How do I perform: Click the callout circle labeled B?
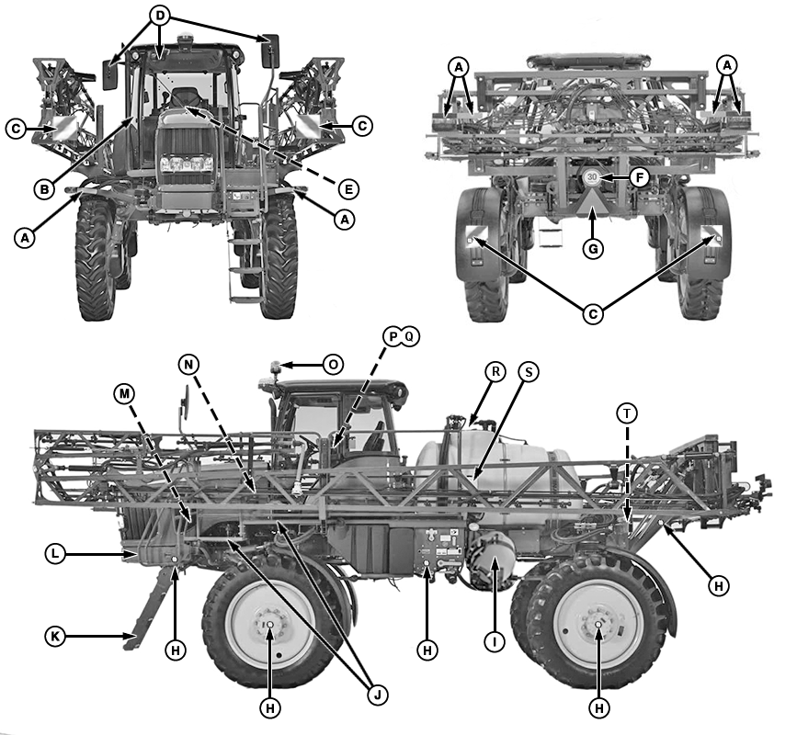pyautogui.click(x=43, y=188)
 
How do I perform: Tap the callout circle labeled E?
pyautogui.click(x=347, y=189)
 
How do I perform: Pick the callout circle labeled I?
pyautogui.click(x=495, y=642)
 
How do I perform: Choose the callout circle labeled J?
pyautogui.click(x=375, y=695)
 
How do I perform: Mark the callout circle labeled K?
pyautogui.click(x=57, y=635)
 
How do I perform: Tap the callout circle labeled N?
pyautogui.click(x=188, y=365)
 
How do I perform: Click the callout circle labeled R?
pyautogui.click(x=495, y=372)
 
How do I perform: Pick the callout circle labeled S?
pyautogui.click(x=529, y=372)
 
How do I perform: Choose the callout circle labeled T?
pyautogui.click(x=627, y=414)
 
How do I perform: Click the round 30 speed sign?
pyautogui.click(x=592, y=178)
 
